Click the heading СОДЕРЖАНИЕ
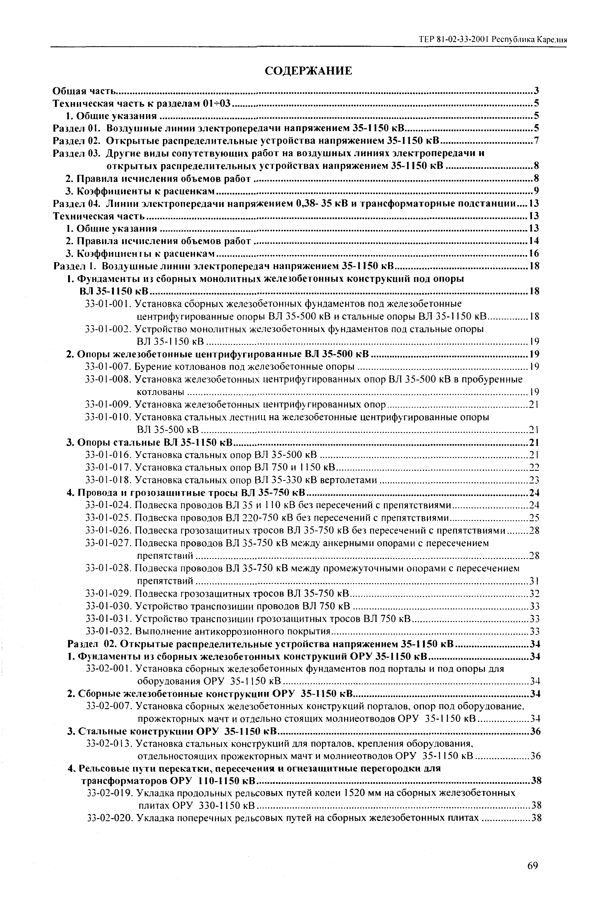coord(308,71)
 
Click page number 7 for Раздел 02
coord(536,141)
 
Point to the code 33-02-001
coord(109,669)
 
